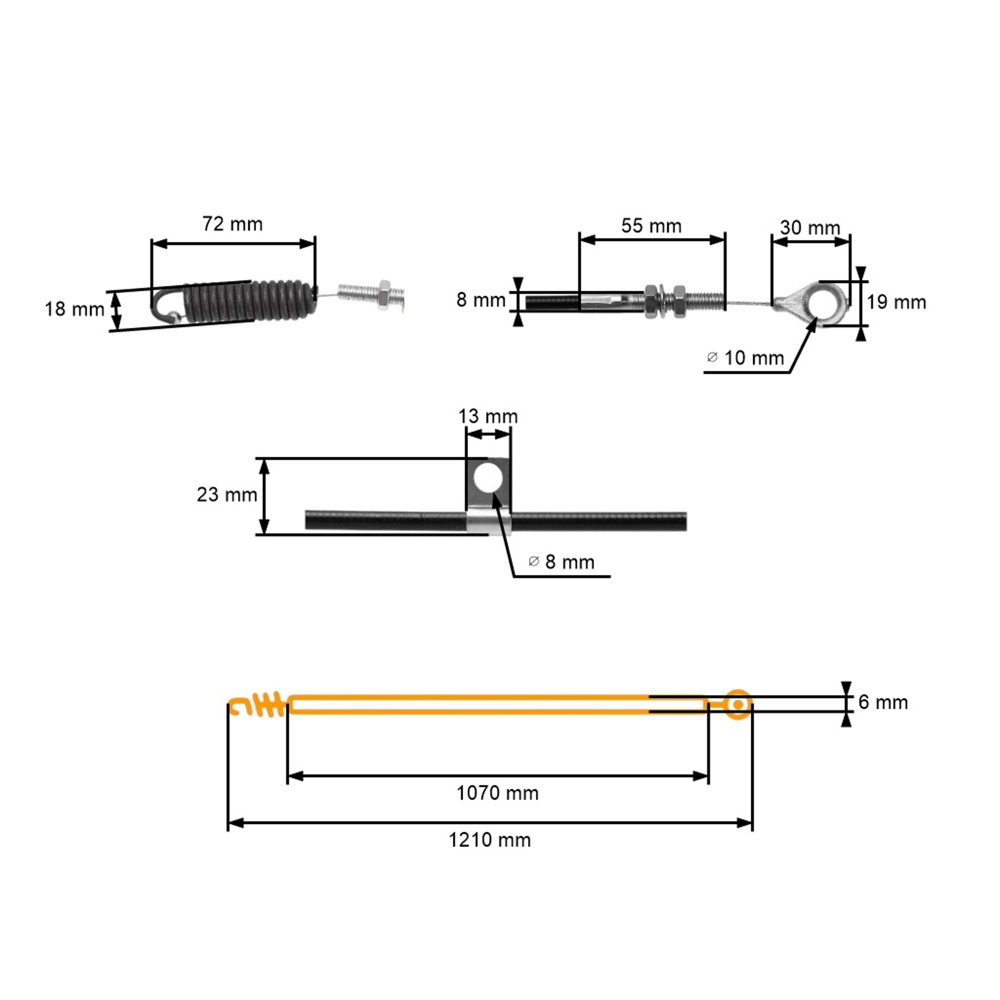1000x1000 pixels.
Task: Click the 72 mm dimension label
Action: pos(232,224)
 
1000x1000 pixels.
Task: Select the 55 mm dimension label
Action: pos(651,226)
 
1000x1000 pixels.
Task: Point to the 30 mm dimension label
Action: pos(810,228)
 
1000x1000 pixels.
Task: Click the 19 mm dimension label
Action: pos(896,302)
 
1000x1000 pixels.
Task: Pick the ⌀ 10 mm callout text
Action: pos(745,358)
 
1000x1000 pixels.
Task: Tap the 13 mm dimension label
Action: pos(488,416)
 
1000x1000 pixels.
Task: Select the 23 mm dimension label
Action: pos(227,495)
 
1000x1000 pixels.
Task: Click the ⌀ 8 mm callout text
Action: pos(562,562)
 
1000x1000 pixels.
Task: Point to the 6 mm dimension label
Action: pos(883,702)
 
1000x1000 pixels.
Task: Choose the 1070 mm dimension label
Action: pos(497,793)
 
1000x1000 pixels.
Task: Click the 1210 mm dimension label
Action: pos(490,840)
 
